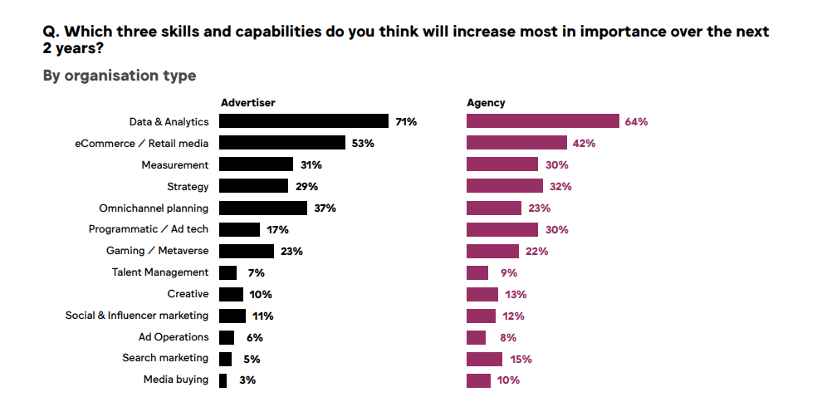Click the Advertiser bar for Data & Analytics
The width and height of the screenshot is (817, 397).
[x=304, y=121]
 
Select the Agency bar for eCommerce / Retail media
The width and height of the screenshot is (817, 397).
[x=516, y=143]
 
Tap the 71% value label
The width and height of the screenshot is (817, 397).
[x=406, y=122]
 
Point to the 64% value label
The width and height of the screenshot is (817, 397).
[x=636, y=122]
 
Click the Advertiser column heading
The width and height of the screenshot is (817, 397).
[x=247, y=103]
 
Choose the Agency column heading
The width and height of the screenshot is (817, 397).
[x=486, y=103]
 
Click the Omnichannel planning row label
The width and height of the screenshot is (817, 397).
[x=154, y=208]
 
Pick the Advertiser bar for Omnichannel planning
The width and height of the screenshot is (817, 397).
[x=263, y=208]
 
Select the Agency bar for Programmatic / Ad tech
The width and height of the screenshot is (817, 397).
[x=502, y=229]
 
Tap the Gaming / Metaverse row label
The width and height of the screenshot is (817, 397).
[x=157, y=251]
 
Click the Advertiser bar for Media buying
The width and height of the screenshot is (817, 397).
[x=223, y=380]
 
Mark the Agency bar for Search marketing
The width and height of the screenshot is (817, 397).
[x=484, y=359]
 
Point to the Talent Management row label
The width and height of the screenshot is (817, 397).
[x=160, y=272]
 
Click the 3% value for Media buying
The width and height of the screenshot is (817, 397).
[x=247, y=380]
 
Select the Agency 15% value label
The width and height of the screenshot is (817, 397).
[x=521, y=360]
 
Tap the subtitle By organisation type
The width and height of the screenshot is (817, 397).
[x=120, y=76]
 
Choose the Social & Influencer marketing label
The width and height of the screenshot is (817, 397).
[x=137, y=316]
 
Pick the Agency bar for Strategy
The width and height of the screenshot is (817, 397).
[x=505, y=186]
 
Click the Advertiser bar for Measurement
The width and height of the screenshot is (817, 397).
[x=256, y=164]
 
